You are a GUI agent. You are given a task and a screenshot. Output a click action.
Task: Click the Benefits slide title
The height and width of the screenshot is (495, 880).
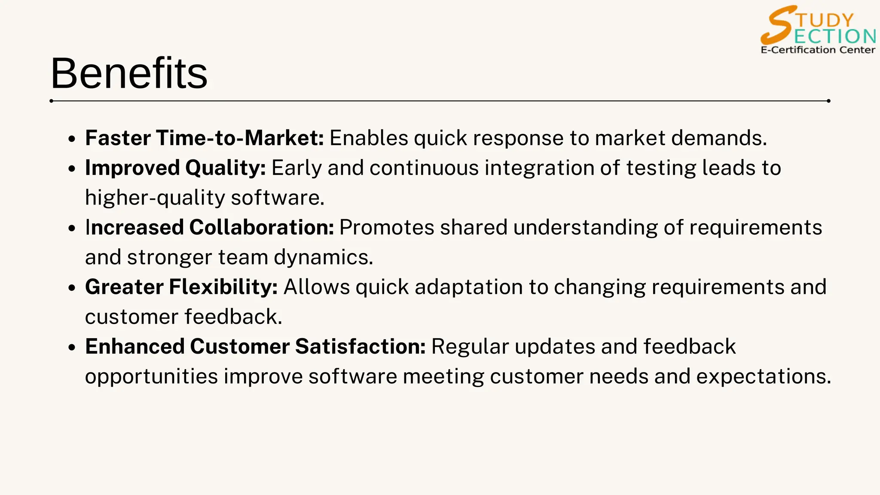tap(129, 74)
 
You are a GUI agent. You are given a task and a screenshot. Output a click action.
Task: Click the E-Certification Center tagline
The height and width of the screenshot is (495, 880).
tap(818, 50)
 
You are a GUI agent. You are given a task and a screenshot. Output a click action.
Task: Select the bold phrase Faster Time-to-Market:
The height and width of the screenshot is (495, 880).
tap(204, 138)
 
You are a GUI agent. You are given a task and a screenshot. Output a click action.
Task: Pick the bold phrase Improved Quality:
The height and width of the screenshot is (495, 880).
tap(175, 168)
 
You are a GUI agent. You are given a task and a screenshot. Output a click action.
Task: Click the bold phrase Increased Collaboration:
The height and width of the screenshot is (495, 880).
tap(209, 227)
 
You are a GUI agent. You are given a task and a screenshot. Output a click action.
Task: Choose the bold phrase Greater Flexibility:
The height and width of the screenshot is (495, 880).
tap(181, 287)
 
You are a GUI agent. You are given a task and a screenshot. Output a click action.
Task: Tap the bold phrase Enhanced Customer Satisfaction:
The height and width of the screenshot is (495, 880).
tap(255, 346)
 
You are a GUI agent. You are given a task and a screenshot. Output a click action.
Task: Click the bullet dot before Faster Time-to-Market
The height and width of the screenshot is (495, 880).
tap(72, 139)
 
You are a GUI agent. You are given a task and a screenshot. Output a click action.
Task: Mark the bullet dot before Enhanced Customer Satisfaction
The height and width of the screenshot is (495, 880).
tap(72, 348)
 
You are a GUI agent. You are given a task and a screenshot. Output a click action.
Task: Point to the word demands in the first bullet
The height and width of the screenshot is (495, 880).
tap(718, 138)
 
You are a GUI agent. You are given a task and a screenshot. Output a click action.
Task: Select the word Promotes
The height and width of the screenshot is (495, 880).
tap(386, 227)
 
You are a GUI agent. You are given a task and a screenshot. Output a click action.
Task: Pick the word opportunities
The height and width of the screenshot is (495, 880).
tap(151, 376)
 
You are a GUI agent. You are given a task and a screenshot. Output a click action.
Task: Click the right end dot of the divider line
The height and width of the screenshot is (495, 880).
tap(828, 101)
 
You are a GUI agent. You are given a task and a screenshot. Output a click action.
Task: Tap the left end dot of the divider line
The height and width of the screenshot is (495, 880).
tap(52, 101)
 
